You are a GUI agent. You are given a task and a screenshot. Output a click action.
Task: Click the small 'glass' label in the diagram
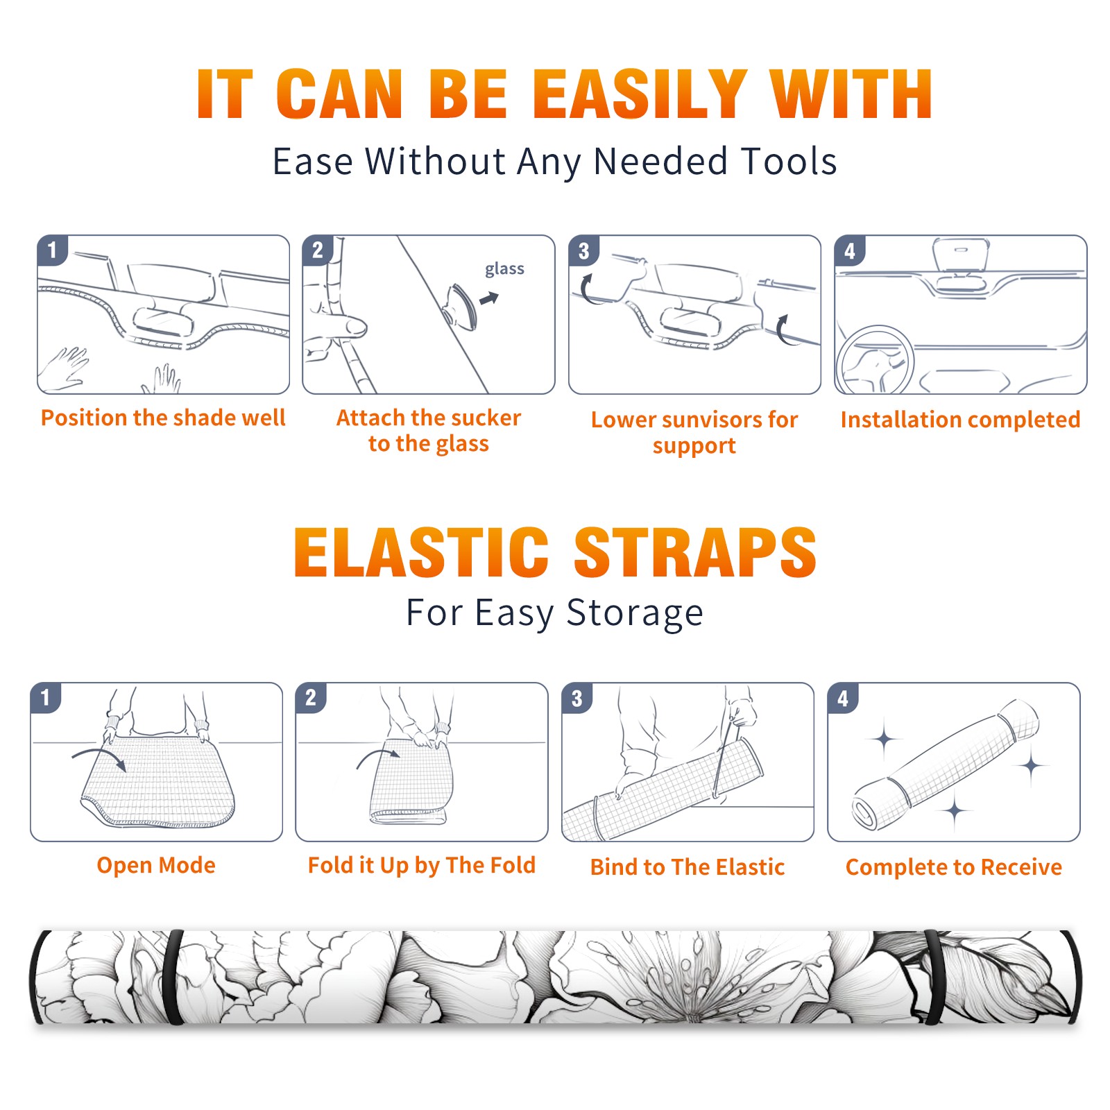(x=504, y=269)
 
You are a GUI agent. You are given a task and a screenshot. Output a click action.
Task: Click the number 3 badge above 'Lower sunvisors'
(x=583, y=251)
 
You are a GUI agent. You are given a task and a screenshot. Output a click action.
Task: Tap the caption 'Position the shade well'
(x=163, y=418)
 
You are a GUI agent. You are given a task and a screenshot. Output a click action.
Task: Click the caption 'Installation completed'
(x=960, y=419)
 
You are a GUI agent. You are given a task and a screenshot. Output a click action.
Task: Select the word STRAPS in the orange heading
(x=695, y=552)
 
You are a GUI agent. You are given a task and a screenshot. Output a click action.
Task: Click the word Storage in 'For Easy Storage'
(x=635, y=613)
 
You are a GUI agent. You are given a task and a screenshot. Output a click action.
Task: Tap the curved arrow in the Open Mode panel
(x=99, y=757)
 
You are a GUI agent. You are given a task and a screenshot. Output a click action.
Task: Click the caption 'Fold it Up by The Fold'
(x=422, y=865)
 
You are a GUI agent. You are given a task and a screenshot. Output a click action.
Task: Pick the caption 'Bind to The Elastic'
(x=688, y=867)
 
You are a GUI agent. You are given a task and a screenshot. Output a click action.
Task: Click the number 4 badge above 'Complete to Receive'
(x=843, y=699)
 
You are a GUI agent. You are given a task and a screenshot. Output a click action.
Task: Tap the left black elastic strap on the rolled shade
(x=173, y=977)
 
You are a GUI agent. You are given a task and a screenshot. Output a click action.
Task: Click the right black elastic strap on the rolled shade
(x=933, y=977)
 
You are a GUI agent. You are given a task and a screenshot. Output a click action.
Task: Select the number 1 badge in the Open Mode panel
(x=46, y=698)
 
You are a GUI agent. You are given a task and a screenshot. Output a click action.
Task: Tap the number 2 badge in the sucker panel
(x=318, y=250)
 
